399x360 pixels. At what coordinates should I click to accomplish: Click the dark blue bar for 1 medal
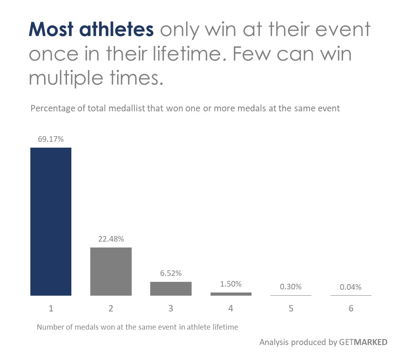(50, 221)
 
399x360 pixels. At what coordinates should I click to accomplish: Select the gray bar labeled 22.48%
(111, 271)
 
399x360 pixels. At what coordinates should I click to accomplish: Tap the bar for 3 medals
(171, 289)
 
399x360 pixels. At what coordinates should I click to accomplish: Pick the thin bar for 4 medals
(231, 294)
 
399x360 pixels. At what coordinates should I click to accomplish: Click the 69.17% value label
(50, 139)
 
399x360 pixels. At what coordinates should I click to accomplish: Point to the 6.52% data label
(171, 274)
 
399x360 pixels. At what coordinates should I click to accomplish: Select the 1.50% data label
(231, 284)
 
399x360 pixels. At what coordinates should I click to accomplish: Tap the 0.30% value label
(291, 287)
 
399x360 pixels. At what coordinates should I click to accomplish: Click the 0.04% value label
(351, 287)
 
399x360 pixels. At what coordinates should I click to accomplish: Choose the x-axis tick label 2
(111, 309)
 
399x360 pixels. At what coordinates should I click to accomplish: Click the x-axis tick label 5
(291, 309)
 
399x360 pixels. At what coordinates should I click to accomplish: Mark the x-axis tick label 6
(351, 309)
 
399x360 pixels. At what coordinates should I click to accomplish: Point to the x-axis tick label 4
(231, 309)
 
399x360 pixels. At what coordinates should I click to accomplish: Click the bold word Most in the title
(51, 29)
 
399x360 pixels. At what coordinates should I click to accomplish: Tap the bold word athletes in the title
(117, 29)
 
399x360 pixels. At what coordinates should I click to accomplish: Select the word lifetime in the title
(187, 54)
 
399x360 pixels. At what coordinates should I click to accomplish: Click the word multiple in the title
(66, 78)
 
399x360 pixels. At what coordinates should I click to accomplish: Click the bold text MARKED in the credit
(371, 342)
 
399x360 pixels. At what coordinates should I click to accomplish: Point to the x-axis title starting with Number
(138, 327)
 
